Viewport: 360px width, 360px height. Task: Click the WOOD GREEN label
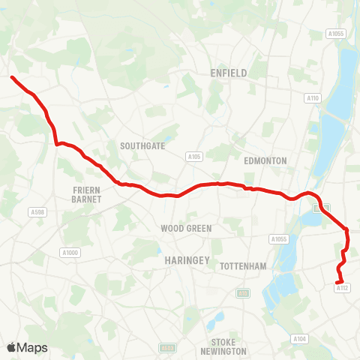(x=186, y=228)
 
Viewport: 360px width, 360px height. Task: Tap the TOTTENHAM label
(x=244, y=266)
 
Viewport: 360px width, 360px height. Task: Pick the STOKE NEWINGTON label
(x=224, y=346)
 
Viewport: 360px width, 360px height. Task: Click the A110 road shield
(x=312, y=98)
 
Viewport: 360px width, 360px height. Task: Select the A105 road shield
(x=195, y=157)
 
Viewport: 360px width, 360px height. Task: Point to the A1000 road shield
(x=70, y=253)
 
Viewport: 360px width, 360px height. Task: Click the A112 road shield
(x=343, y=287)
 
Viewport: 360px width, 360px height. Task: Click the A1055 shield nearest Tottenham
(x=279, y=238)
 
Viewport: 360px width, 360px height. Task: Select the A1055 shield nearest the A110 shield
(x=335, y=33)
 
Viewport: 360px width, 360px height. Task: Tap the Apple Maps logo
(x=26, y=347)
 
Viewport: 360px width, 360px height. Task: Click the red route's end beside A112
(x=340, y=281)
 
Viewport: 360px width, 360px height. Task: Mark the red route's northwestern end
(x=12, y=77)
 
